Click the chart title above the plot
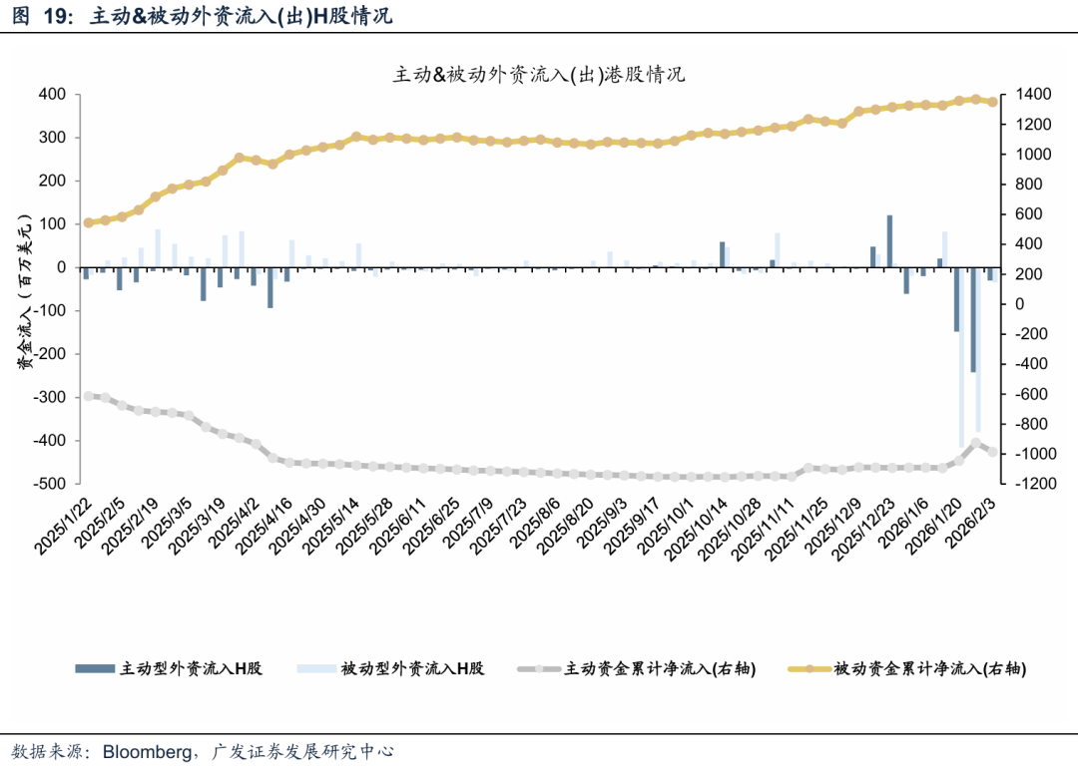point(539,75)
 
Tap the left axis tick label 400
point(52,95)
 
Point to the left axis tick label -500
point(49,484)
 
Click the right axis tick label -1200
point(1037,484)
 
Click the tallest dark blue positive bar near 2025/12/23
point(889,241)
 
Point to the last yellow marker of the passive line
point(992,102)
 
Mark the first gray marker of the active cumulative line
point(88,396)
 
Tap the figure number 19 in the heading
point(55,17)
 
